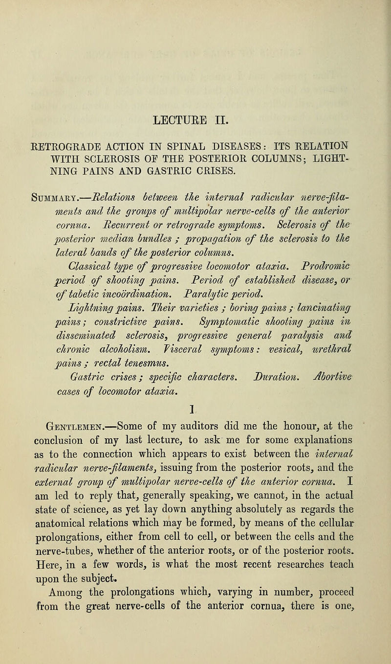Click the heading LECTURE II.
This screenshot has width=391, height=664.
tap(195, 118)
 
